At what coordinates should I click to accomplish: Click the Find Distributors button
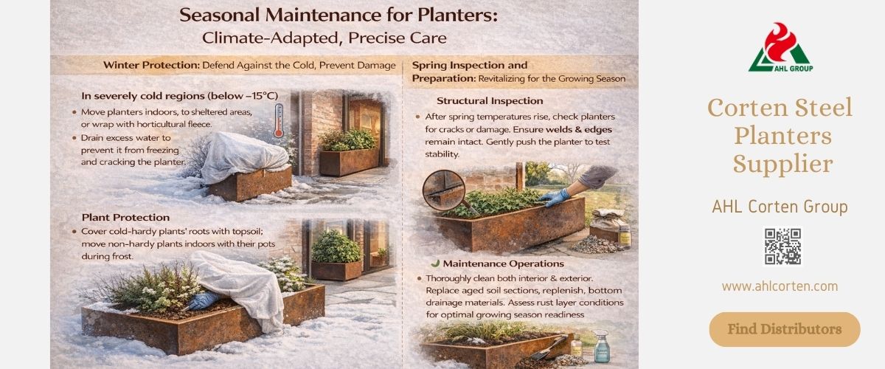(785, 329)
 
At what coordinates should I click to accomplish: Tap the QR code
(782, 246)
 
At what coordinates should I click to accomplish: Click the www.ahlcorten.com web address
(780, 286)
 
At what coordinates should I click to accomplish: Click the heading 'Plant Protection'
(125, 218)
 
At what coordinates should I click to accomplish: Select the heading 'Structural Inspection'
(490, 100)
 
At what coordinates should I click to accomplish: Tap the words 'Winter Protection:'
(151, 65)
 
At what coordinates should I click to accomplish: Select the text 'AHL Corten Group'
(780, 207)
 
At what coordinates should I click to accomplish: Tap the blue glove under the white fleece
(199, 301)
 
